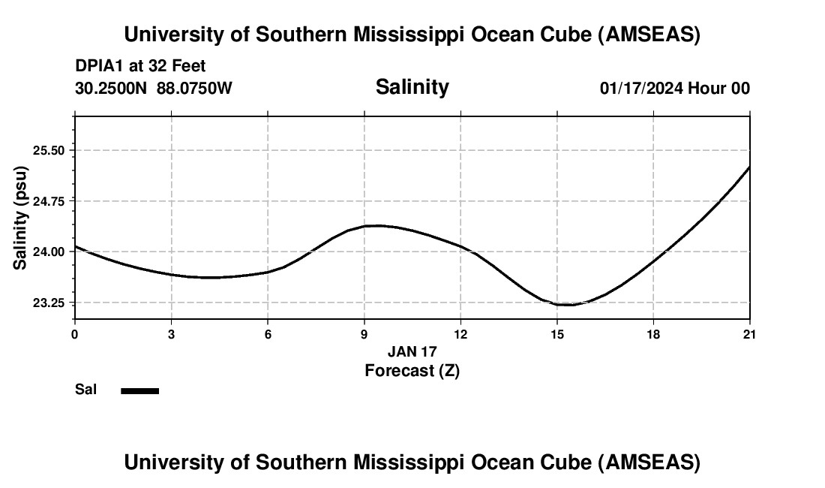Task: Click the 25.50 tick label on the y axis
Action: [49, 150]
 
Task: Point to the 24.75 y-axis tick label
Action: [49, 201]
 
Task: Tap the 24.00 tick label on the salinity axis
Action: [49, 252]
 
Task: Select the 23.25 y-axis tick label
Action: [49, 303]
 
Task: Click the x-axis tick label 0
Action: [75, 334]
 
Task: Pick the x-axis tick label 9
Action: [364, 334]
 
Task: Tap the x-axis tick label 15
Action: [557, 334]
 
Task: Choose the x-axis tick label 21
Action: [750, 334]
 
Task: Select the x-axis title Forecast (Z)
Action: [412, 370]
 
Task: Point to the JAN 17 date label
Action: [412, 351]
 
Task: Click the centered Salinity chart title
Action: [412, 87]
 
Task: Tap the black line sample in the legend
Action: [140, 390]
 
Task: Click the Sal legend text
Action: [86, 390]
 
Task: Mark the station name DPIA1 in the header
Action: [100, 67]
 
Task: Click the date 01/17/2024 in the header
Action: [641, 89]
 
